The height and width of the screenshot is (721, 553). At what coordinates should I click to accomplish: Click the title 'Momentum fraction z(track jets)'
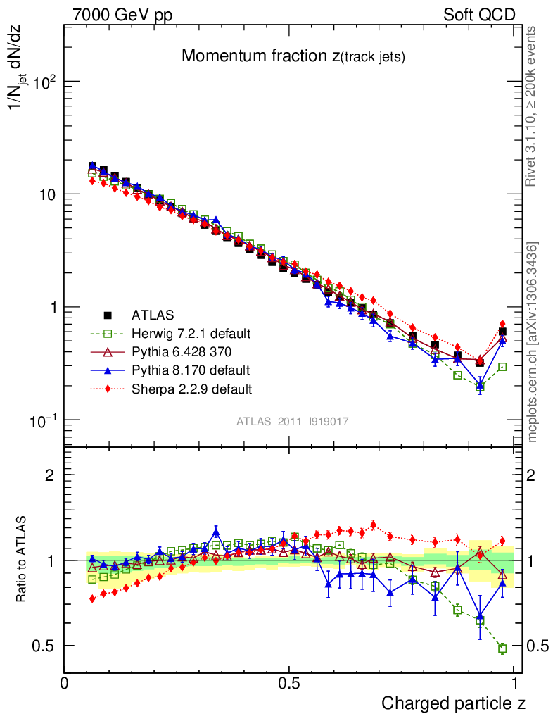pyautogui.click(x=293, y=56)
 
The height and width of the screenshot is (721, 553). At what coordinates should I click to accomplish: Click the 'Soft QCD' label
pyautogui.click(x=479, y=15)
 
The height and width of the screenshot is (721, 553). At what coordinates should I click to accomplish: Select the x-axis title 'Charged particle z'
pyautogui.click(x=453, y=703)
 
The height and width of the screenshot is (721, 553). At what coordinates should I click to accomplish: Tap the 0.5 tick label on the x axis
pyautogui.click(x=289, y=684)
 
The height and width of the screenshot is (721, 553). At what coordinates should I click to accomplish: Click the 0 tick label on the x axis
pyautogui.click(x=65, y=684)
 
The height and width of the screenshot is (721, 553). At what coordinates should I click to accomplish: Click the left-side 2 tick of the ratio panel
pyautogui.click(x=50, y=475)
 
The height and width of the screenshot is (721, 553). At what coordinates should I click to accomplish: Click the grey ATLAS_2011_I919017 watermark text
pyautogui.click(x=293, y=420)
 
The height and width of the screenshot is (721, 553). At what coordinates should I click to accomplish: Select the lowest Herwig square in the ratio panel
pyautogui.click(x=502, y=648)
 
